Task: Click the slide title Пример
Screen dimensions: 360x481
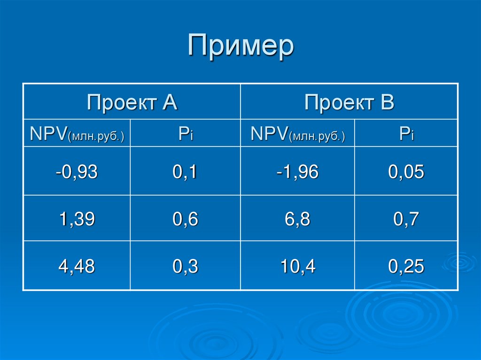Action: coord(240,46)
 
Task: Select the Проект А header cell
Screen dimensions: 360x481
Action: coord(132,102)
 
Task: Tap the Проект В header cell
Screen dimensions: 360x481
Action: coord(349,102)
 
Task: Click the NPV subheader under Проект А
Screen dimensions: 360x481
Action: coord(77,134)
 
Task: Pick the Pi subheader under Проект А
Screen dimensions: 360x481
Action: coord(186,134)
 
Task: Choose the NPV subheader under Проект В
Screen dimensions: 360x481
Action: coord(297,134)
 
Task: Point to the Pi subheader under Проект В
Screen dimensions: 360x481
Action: coord(406,134)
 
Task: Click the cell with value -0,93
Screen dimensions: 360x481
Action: coord(77,172)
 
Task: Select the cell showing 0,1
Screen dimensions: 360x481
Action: coord(186,172)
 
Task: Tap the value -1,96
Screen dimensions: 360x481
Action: coord(297,172)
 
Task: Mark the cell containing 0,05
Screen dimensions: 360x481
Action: coord(406,172)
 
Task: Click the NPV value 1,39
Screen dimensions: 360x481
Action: coord(77,219)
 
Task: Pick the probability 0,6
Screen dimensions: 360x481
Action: coord(186,219)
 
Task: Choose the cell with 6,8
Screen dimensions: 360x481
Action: coord(297,219)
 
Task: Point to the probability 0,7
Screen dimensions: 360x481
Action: coord(406,219)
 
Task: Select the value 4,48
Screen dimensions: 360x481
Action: coord(77,267)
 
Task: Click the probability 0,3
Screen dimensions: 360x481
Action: coord(186,267)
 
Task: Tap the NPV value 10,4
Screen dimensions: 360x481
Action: coord(297,267)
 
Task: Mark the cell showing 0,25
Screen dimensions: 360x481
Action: coord(406,267)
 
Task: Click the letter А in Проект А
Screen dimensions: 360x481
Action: coord(170,102)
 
